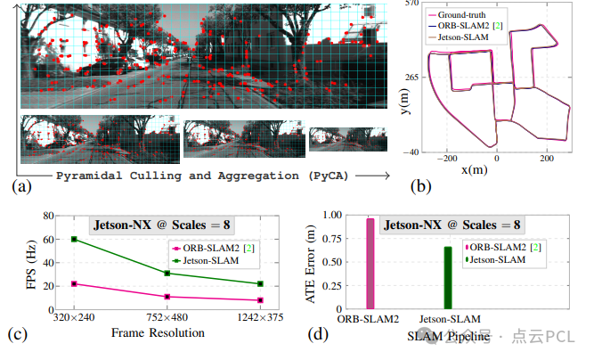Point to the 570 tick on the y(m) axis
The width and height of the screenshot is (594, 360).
pos(411,4)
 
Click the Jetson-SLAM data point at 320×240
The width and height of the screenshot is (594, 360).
pos(74,239)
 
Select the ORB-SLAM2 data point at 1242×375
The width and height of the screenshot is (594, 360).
pos(259,300)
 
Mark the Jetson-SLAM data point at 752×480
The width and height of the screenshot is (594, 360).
pos(167,273)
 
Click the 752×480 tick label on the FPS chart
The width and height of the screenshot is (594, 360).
pos(167,317)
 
